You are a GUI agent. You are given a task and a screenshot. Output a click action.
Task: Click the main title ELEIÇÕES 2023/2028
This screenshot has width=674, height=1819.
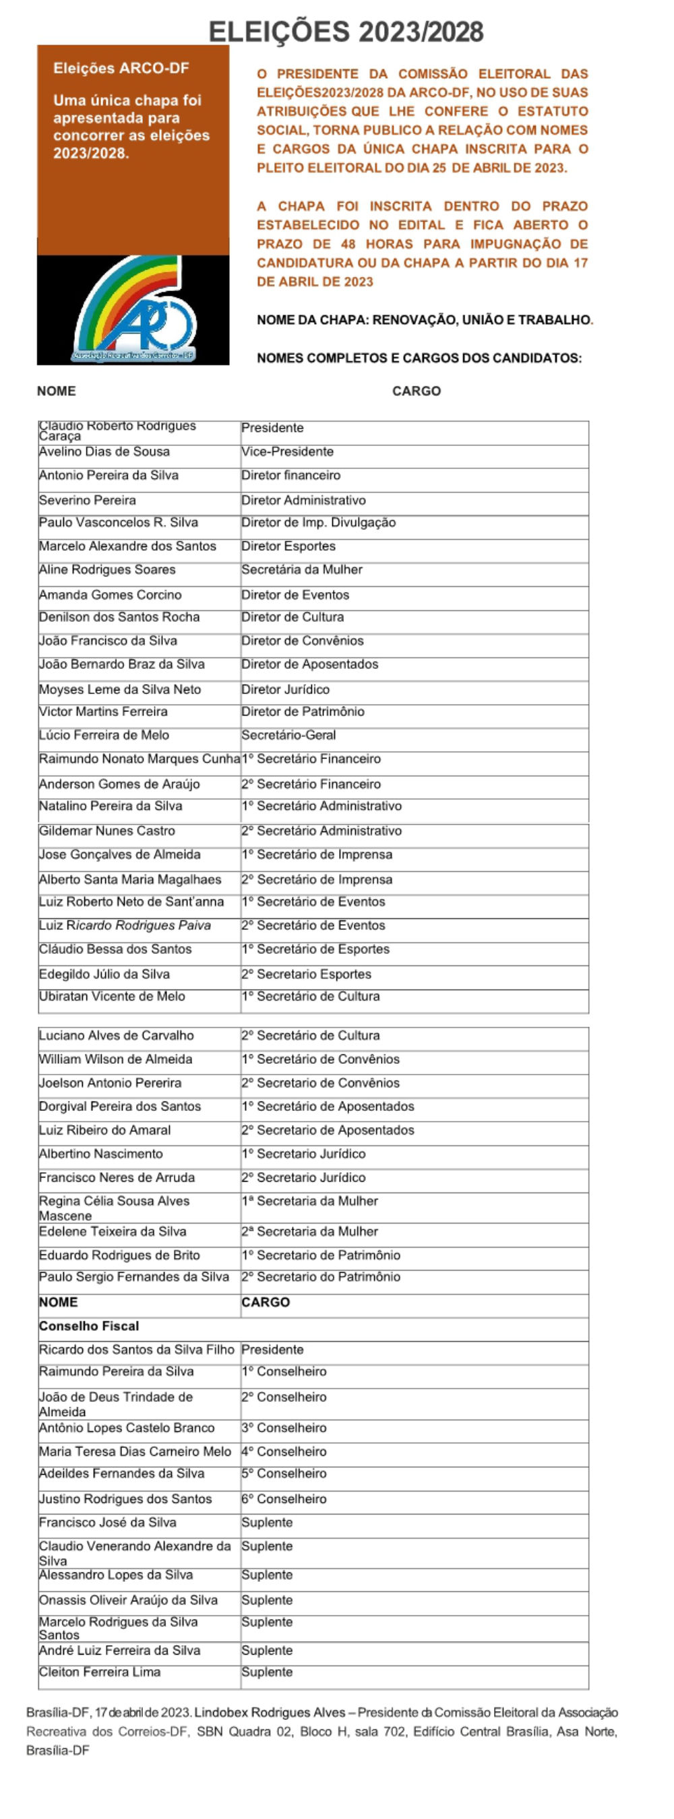point(346,32)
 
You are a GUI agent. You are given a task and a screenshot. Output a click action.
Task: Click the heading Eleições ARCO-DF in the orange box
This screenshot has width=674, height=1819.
point(121,69)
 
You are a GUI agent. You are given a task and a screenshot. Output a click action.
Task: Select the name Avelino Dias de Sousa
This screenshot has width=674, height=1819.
point(104,452)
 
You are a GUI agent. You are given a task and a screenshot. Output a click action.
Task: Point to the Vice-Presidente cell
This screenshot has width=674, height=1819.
point(287,452)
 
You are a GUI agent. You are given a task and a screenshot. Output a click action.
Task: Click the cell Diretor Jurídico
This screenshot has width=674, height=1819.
point(284,689)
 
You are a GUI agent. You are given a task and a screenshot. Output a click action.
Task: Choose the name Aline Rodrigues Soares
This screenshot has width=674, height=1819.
point(106,570)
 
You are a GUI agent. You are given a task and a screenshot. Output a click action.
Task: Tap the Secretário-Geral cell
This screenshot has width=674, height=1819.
point(288,735)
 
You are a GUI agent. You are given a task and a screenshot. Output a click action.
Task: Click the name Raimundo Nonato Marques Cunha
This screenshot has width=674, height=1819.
point(139,759)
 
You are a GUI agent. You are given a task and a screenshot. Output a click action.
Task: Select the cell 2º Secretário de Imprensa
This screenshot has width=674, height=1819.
point(317,880)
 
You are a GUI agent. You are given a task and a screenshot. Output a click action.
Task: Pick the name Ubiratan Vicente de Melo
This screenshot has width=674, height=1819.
point(112,996)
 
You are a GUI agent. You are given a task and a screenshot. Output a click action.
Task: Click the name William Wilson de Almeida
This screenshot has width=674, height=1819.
point(115,1059)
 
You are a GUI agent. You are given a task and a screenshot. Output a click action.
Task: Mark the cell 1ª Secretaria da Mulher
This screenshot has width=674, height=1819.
point(309,1201)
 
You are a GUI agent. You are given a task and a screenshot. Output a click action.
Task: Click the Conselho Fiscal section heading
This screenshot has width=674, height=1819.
point(89,1326)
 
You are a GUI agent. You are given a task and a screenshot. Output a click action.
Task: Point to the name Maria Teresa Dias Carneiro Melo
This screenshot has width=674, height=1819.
point(135,1452)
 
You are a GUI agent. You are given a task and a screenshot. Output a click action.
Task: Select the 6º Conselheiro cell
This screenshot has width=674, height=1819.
point(283,1499)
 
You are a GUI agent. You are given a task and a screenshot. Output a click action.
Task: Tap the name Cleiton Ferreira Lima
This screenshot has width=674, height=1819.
point(100,1672)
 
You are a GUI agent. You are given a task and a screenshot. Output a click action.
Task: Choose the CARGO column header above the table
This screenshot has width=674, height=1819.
point(416,391)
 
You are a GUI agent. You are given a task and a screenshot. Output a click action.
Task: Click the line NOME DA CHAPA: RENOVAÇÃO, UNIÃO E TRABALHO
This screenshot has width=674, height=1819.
point(425,320)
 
